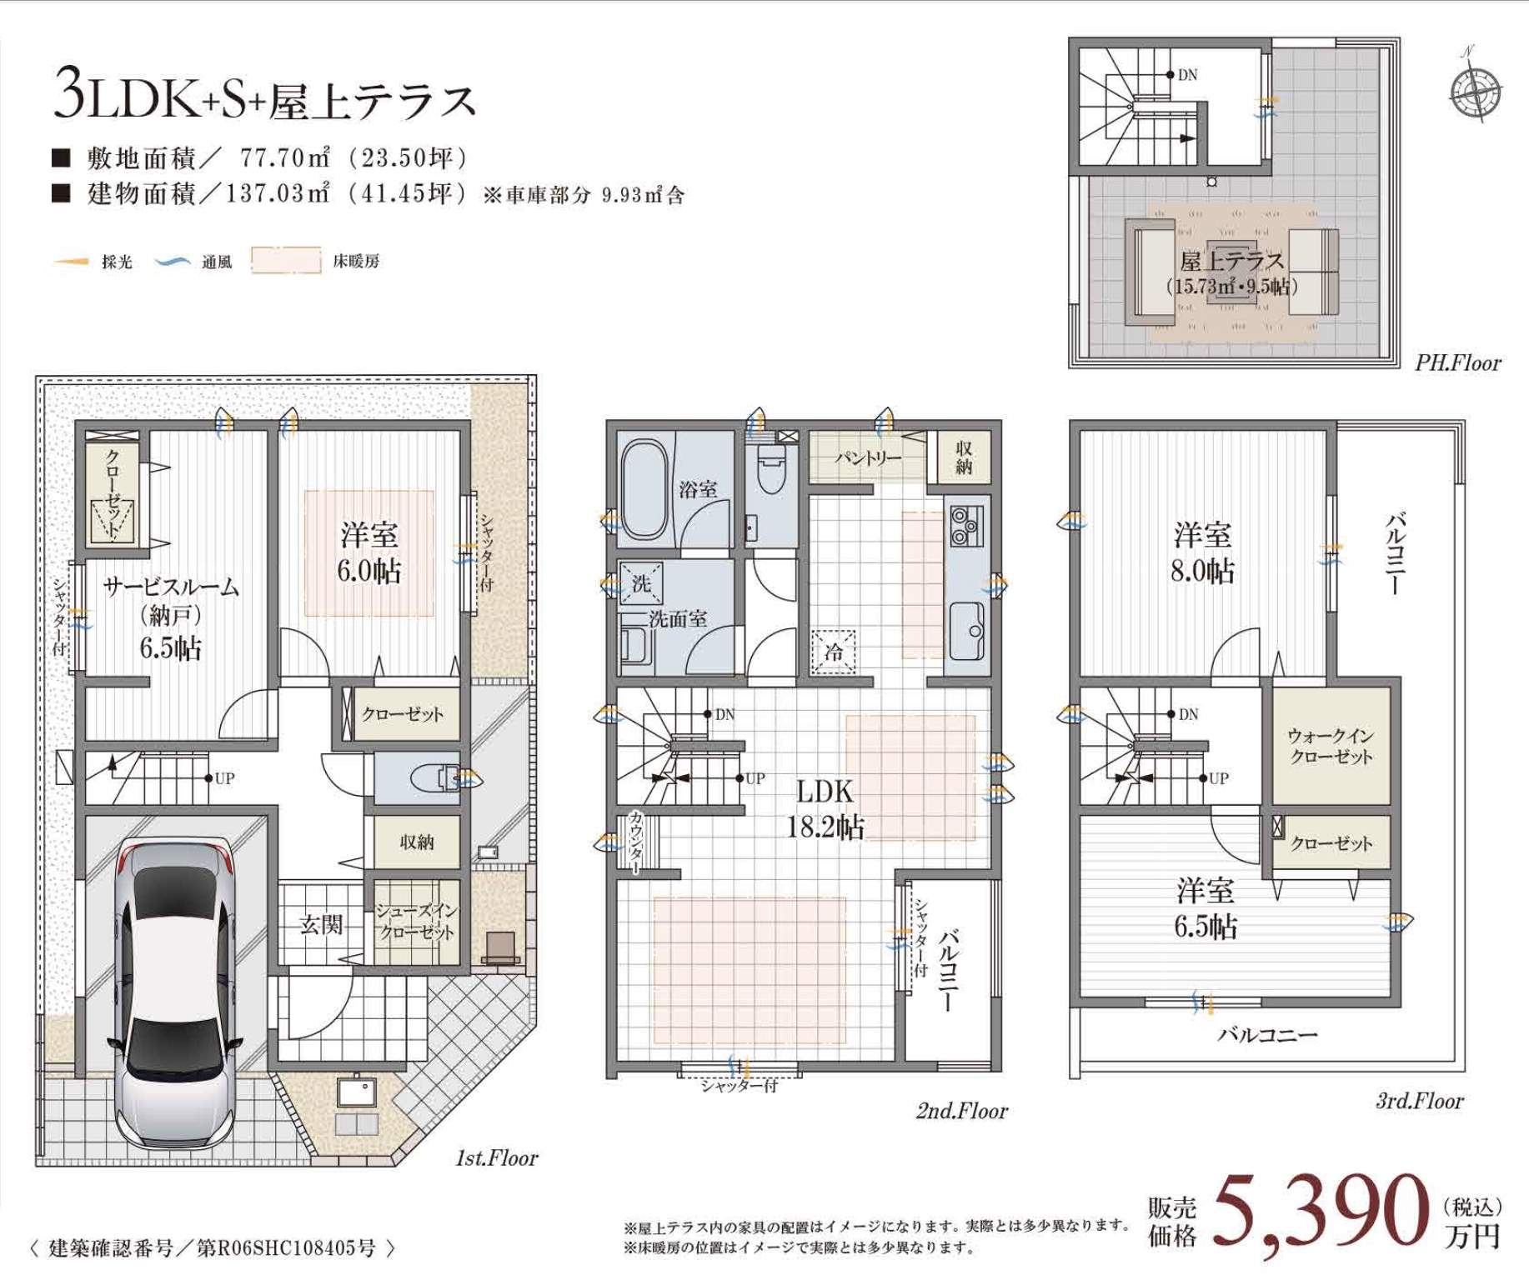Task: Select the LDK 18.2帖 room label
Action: click(825, 808)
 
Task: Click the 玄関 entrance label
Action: click(321, 924)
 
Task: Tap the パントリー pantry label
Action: click(867, 457)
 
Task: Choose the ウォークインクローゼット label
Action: click(1331, 746)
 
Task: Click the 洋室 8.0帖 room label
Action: click(1202, 552)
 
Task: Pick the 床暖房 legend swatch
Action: click(286, 261)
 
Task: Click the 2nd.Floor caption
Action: click(961, 1111)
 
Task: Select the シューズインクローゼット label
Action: click(415, 921)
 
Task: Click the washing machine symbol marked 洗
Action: click(640, 582)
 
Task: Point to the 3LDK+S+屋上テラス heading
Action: click(264, 98)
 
